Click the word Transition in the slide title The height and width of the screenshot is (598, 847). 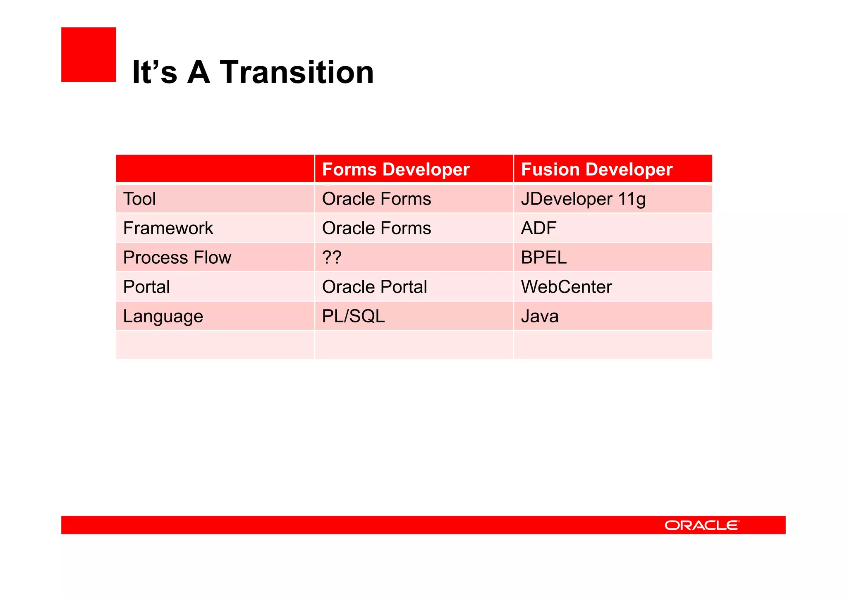tap(297, 72)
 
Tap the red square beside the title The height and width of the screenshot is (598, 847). tap(89, 55)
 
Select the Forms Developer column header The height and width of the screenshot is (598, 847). tap(395, 169)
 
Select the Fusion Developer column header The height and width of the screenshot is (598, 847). tap(596, 169)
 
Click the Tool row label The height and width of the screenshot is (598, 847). tap(139, 199)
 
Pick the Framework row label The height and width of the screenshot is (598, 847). tap(168, 228)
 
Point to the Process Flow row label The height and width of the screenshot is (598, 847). tap(177, 257)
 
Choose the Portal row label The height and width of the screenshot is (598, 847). tap(146, 287)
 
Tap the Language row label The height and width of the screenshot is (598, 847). tap(163, 317)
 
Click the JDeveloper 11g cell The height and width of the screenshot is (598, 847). tap(583, 199)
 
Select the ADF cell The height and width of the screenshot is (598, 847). tap(538, 228)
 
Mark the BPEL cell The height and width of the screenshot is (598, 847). tap(543, 257)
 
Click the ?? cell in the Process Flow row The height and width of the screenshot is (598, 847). tap(332, 257)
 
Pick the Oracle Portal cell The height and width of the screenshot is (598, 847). tap(374, 287)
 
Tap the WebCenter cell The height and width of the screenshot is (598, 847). tap(566, 287)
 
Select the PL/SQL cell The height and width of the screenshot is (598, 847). tap(353, 316)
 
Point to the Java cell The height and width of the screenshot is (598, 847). tap(539, 316)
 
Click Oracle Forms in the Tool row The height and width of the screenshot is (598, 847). tap(376, 199)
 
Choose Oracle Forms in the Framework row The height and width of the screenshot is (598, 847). tap(376, 228)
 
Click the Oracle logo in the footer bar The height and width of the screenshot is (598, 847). tap(701, 525)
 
